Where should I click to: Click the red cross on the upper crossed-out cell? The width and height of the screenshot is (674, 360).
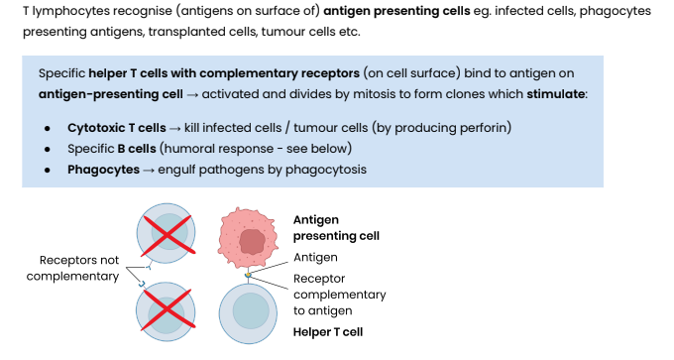pos(168,234)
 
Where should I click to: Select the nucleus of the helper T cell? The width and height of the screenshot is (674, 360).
pos(251,312)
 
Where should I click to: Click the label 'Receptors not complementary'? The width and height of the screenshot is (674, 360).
pos(72,268)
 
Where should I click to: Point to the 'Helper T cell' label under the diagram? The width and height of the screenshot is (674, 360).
pos(327,331)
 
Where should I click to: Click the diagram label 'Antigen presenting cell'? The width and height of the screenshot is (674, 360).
pos(336,227)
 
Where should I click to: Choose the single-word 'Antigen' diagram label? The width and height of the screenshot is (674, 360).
pos(315,257)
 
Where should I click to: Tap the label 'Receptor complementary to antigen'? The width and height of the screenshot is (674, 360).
pos(339,295)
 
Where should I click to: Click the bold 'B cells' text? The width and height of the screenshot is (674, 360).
pos(135,149)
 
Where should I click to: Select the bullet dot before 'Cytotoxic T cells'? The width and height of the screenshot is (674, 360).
pos(49,129)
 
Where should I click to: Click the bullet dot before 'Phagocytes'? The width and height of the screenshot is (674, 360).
pos(49,169)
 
